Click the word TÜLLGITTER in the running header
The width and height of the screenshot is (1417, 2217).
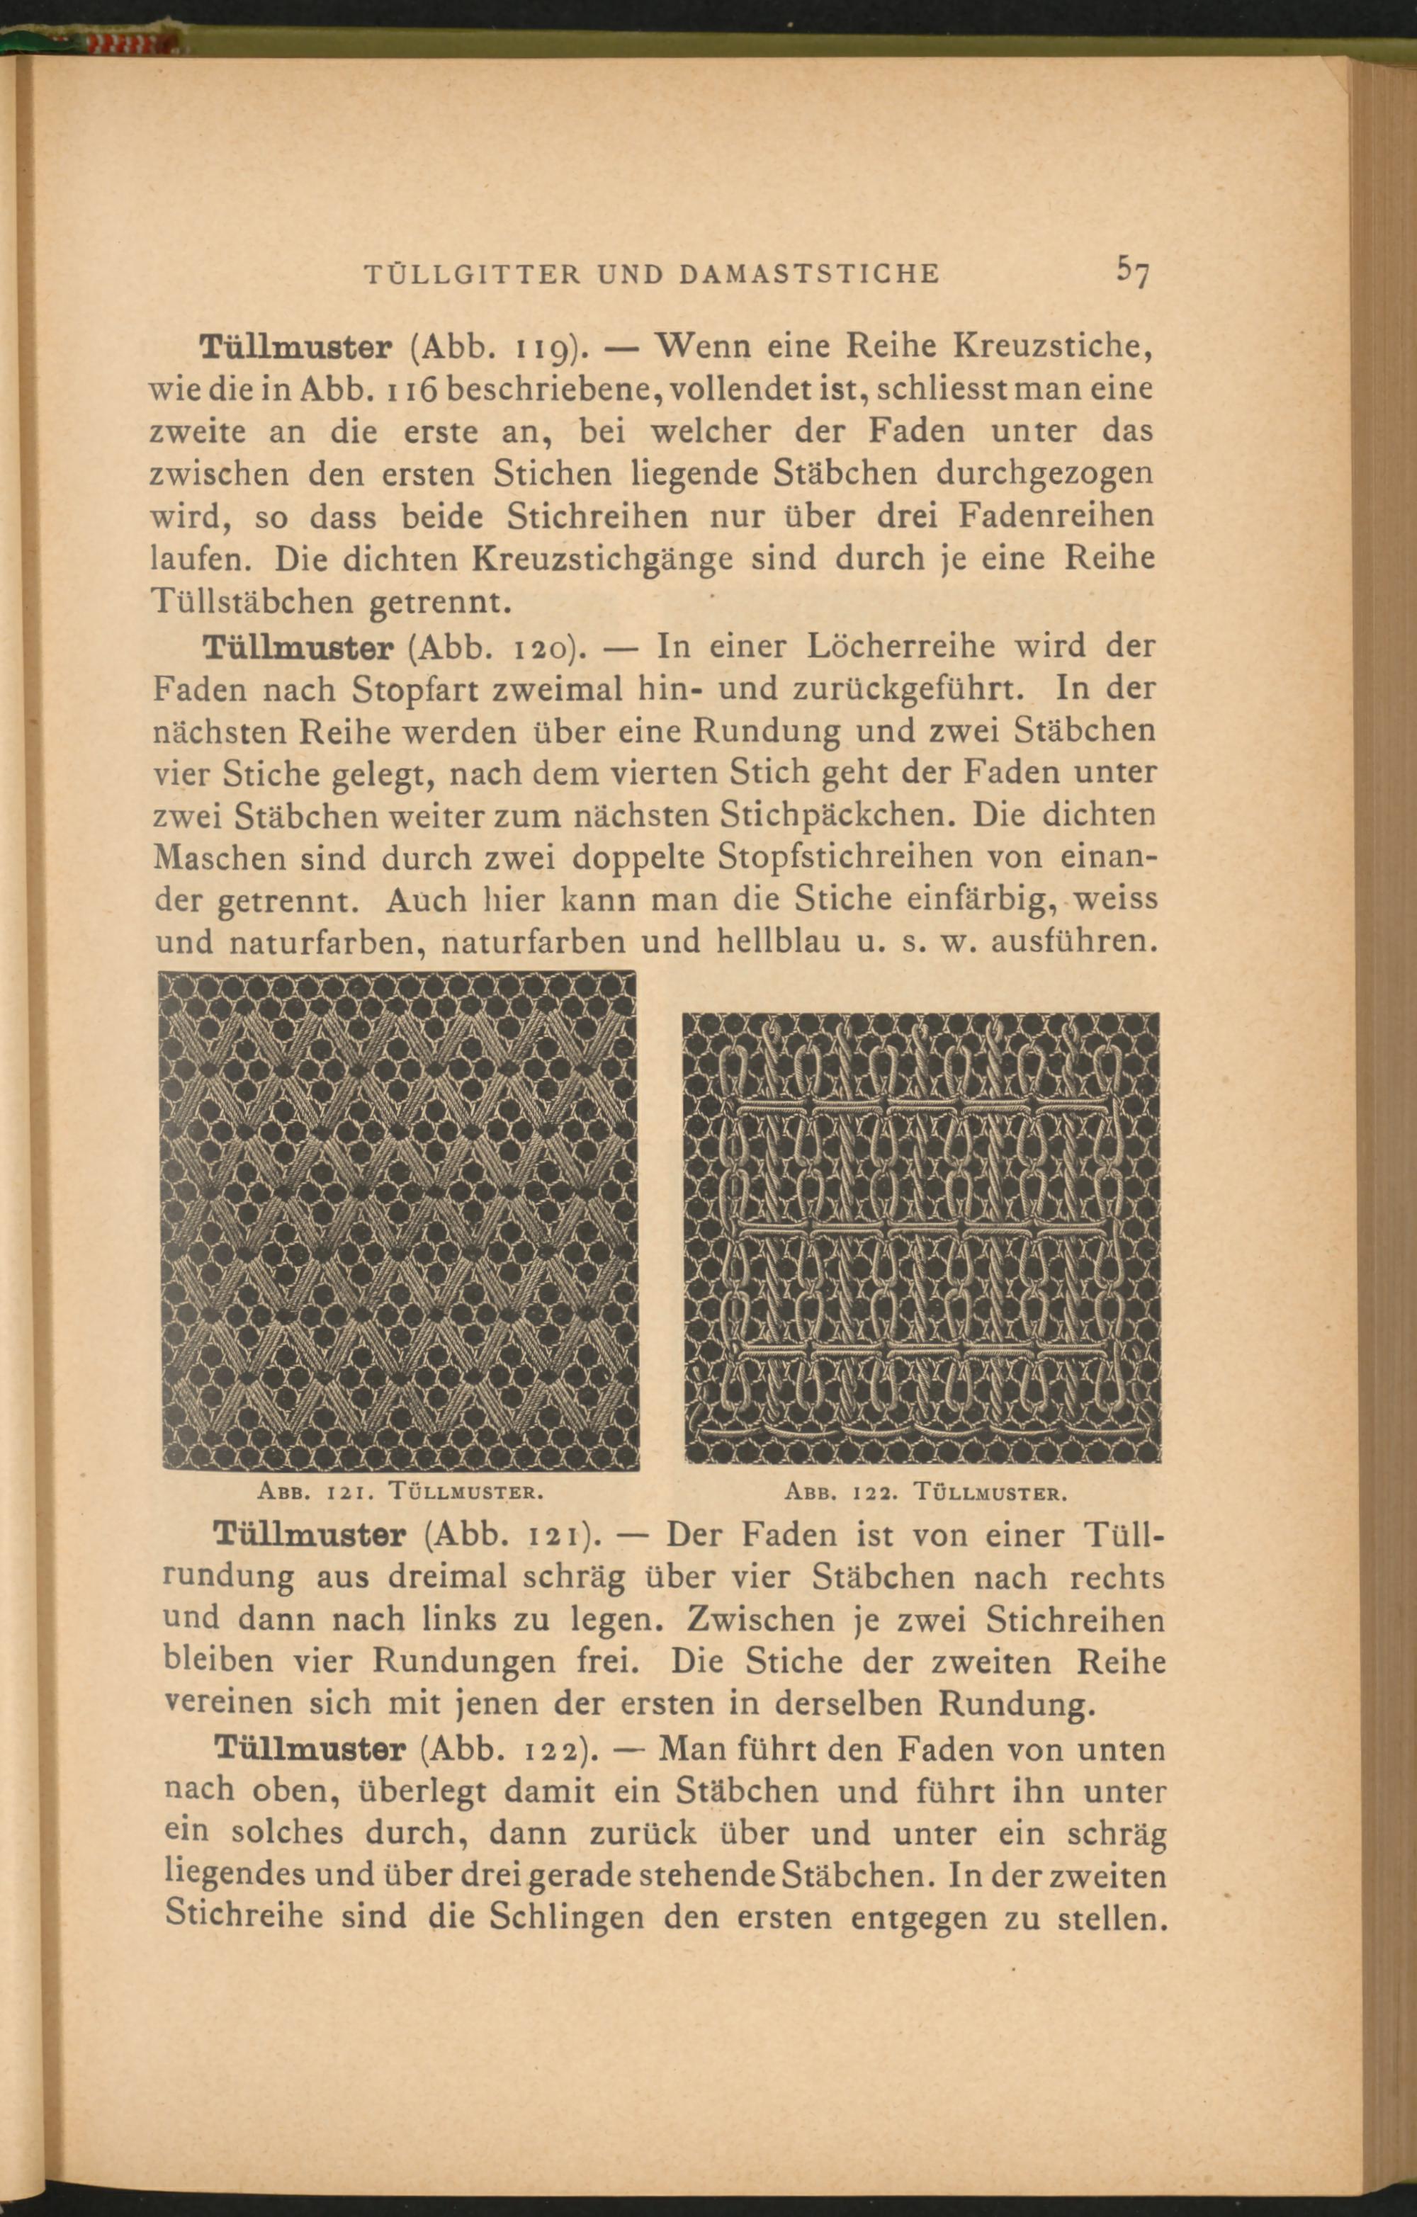[473, 273]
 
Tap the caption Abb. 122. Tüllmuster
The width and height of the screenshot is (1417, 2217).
[926, 1490]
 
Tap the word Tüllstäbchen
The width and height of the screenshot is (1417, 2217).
[252, 601]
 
